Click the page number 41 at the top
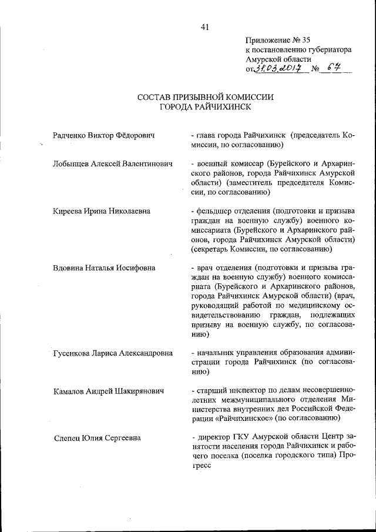[x=204, y=26]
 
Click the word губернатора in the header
[x=328, y=51]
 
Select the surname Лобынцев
[x=72, y=163]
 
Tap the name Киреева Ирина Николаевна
[x=101, y=210]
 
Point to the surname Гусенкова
[x=74, y=353]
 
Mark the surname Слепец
[x=66, y=438]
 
